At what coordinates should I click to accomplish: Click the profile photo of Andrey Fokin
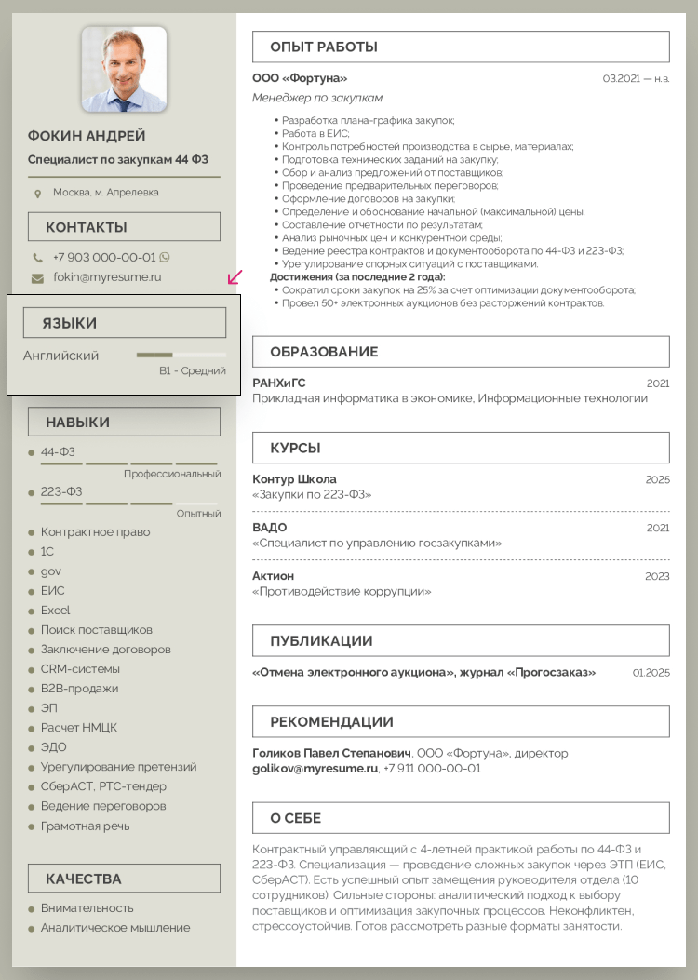pos(124,69)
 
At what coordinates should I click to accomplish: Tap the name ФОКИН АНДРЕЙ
pos(87,136)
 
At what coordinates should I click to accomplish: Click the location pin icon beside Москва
pos(37,194)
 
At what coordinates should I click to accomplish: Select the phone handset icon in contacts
pos(37,258)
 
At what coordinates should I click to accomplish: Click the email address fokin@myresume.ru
pos(107,277)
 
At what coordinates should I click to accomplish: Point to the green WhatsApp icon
pos(165,258)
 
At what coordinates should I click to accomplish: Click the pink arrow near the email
pos(235,277)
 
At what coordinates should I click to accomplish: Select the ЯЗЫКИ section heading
pos(70,323)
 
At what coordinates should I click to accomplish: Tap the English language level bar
pos(181,355)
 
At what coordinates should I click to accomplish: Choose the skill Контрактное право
pos(95,532)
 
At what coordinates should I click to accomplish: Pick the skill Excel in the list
pos(55,611)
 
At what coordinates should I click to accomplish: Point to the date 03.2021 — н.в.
pos(636,79)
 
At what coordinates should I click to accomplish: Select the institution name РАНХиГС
pos(278,383)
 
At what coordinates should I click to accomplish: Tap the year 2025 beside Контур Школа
pos(657,479)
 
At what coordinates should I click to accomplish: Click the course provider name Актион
pos(273,576)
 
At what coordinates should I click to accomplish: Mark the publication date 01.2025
pos(651,672)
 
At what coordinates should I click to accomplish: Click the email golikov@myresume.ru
pos(315,769)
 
